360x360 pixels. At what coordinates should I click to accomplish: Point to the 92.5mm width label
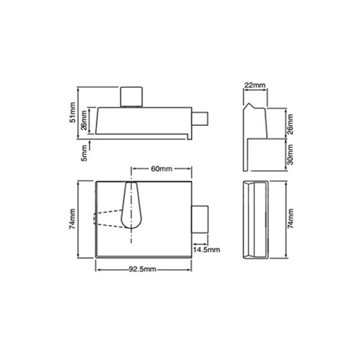point(143,269)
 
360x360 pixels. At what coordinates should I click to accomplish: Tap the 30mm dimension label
point(290,153)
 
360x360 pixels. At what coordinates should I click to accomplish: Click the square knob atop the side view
point(130,96)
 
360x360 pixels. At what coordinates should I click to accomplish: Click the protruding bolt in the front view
point(200,220)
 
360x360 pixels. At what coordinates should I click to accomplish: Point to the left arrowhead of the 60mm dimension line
point(133,169)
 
